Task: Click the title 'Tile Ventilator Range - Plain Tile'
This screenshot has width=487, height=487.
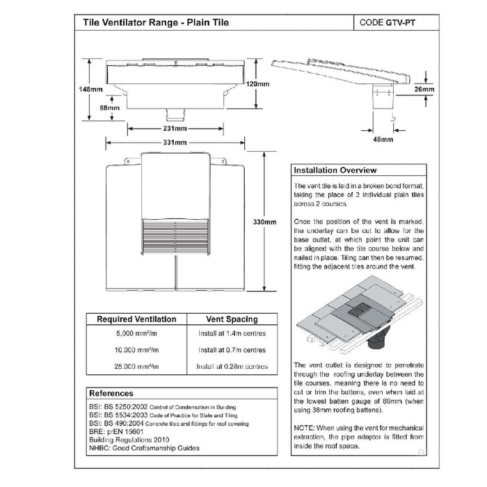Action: point(156,22)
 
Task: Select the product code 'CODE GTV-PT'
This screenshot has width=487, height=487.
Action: point(390,22)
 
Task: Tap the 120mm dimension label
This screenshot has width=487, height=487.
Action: point(258,83)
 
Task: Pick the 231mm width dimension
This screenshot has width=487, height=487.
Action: point(175,129)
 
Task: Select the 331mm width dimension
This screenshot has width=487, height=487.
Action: point(175,143)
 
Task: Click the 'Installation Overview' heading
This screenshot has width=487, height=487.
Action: point(335,170)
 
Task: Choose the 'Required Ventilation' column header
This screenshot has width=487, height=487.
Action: point(136,319)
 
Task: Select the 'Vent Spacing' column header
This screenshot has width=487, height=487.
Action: point(232,319)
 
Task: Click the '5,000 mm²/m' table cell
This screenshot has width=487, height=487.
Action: point(136,335)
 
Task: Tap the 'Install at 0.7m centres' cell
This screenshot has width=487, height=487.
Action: point(232,351)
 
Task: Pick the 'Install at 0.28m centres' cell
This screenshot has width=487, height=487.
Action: point(232,367)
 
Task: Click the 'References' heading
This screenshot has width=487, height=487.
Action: point(111,394)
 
